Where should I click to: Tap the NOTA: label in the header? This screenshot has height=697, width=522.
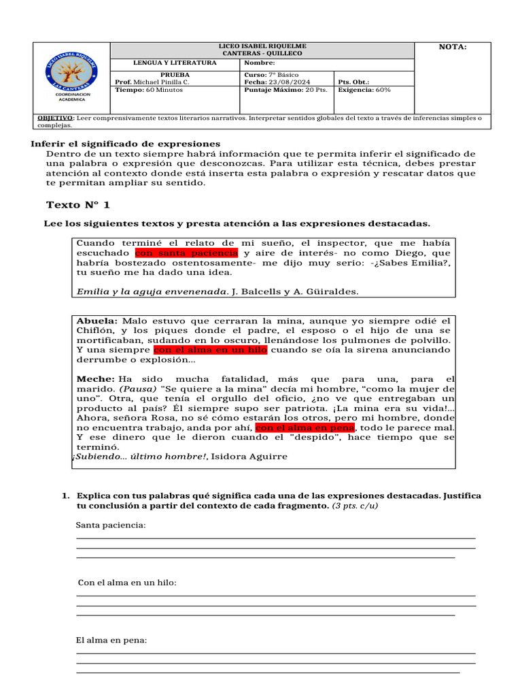(453, 47)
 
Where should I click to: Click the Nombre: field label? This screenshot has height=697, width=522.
(260, 63)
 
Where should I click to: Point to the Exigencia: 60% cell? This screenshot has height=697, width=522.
(364, 89)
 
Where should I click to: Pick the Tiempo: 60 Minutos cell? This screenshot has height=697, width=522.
(144, 89)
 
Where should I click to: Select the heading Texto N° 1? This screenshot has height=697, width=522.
(77, 205)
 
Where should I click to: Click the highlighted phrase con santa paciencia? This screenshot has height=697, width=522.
(186, 253)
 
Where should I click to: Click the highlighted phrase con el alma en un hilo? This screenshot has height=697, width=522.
(210, 350)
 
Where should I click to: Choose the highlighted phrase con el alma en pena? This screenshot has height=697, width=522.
(305, 427)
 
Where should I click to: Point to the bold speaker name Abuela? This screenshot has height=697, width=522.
(97, 321)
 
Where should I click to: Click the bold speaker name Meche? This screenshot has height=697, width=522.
(95, 378)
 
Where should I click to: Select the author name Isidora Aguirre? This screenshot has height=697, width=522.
(249, 457)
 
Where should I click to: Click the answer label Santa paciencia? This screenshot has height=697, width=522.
(111, 525)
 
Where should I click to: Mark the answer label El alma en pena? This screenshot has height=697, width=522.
(111, 641)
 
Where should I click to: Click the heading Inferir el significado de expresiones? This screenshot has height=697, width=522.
(126, 144)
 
